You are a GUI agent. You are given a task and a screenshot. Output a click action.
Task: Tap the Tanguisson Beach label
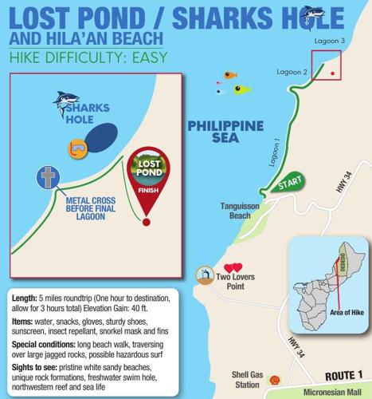click(x=242, y=211)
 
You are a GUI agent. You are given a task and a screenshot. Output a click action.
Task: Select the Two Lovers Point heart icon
click(x=233, y=269)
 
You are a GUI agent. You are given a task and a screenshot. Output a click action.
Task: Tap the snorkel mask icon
click(x=77, y=148)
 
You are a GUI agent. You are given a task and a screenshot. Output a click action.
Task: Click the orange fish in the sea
click(x=230, y=76)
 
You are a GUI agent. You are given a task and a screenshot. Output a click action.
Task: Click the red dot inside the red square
click(x=332, y=73)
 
